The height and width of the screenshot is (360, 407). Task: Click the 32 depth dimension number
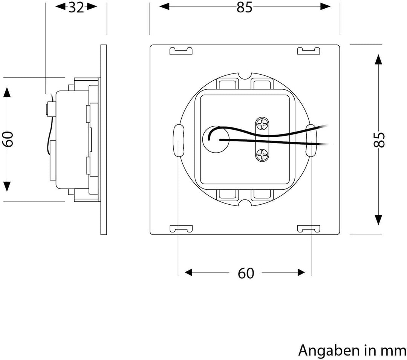tap(77, 7)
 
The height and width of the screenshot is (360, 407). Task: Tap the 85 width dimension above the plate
tap(245, 7)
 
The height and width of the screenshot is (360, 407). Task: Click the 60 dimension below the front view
tap(246, 273)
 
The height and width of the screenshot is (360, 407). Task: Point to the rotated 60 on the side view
tap(8, 139)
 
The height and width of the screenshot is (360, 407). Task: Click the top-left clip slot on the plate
tap(181, 51)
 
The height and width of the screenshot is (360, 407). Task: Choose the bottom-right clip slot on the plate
tap(309, 228)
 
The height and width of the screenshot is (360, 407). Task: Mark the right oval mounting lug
tap(312, 140)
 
